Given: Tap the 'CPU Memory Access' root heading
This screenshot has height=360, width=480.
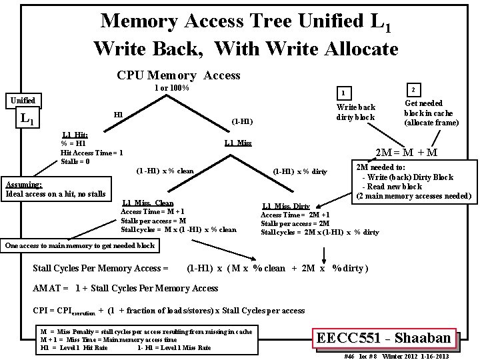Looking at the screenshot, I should [179, 75].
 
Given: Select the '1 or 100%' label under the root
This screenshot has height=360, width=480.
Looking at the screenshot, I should [172, 88].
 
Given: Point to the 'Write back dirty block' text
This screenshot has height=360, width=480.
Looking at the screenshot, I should [356, 111].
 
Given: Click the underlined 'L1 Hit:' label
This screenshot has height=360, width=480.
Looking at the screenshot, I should [75, 135].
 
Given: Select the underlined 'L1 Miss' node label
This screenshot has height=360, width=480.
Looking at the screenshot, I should [238, 143].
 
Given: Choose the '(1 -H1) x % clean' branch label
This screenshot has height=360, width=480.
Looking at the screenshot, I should [165, 171].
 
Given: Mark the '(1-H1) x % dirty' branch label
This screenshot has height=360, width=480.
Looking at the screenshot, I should [300, 172].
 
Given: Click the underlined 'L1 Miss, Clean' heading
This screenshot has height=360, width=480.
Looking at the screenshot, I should [148, 203].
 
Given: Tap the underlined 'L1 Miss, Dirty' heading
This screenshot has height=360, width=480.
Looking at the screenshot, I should [286, 207].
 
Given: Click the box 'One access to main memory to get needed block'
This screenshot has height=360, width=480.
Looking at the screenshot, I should [80, 245].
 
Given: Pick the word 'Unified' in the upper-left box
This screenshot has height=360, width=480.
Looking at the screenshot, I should [21, 101].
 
